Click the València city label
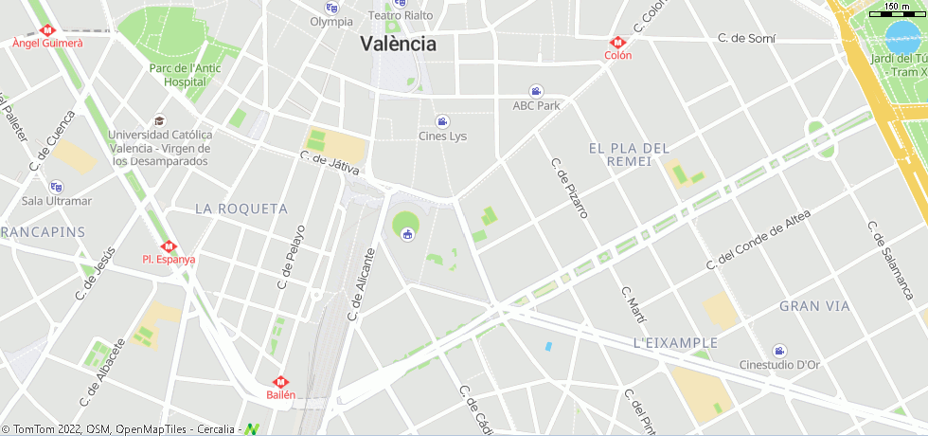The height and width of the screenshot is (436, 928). (x=398, y=44)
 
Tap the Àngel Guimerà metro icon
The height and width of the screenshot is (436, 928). (x=48, y=29)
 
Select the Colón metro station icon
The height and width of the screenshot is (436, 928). (x=617, y=43)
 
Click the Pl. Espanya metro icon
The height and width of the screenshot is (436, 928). (x=169, y=246)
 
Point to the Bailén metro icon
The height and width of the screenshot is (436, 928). (x=280, y=382)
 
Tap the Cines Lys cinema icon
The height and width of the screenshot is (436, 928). (x=442, y=121)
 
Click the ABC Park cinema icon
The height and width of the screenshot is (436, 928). (x=536, y=91)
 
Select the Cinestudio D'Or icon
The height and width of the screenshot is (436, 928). (x=779, y=351)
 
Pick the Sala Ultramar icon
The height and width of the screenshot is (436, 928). (x=56, y=187)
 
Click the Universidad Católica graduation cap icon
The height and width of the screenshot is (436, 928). (x=159, y=120)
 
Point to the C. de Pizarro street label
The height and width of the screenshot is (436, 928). (x=570, y=188)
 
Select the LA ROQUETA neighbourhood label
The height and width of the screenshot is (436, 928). (x=241, y=208)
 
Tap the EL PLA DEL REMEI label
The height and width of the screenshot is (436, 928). (x=629, y=154)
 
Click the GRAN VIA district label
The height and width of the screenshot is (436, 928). (x=814, y=306)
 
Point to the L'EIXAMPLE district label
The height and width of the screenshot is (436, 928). (x=675, y=342)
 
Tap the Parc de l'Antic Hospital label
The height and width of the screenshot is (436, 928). (x=185, y=75)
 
